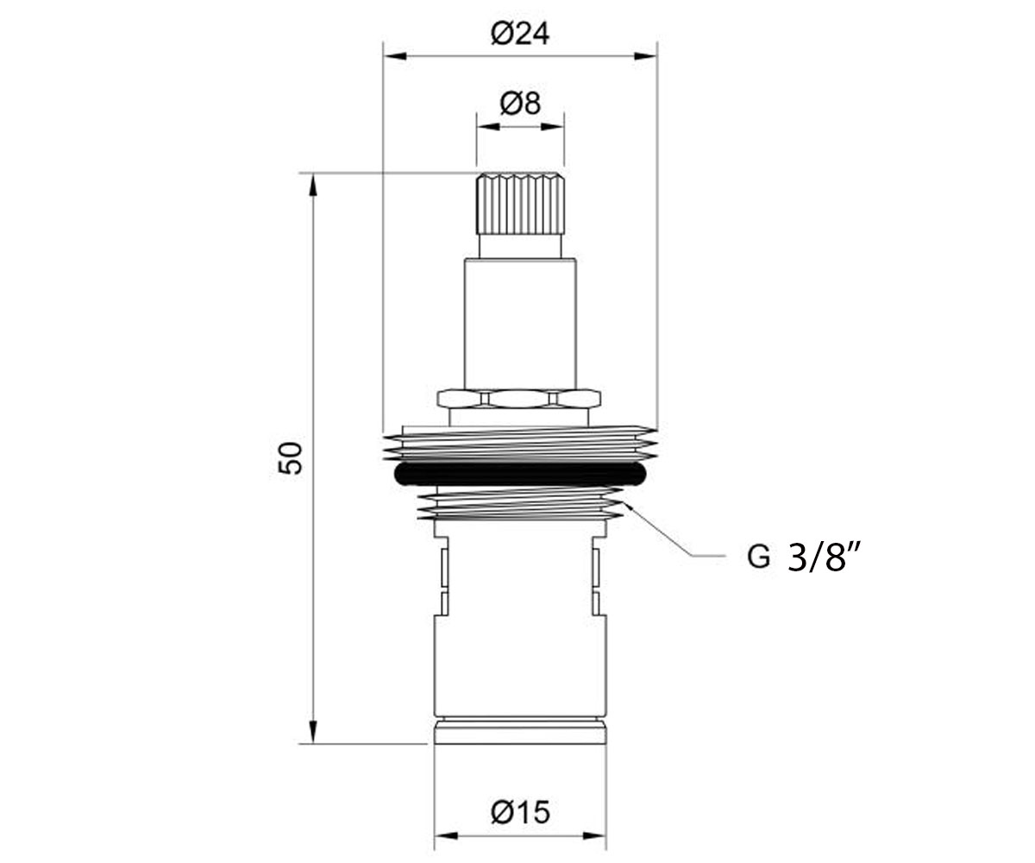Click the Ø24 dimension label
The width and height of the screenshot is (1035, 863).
point(520,35)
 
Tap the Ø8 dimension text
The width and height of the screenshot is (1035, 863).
point(520,104)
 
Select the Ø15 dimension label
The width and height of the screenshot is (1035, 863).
point(520,812)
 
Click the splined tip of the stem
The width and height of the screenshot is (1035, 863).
point(520,204)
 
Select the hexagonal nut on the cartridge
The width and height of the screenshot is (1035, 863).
point(519,398)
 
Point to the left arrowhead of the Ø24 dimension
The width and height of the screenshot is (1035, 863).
point(395,56)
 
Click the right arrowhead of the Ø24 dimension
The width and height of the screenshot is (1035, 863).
point(645,56)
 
